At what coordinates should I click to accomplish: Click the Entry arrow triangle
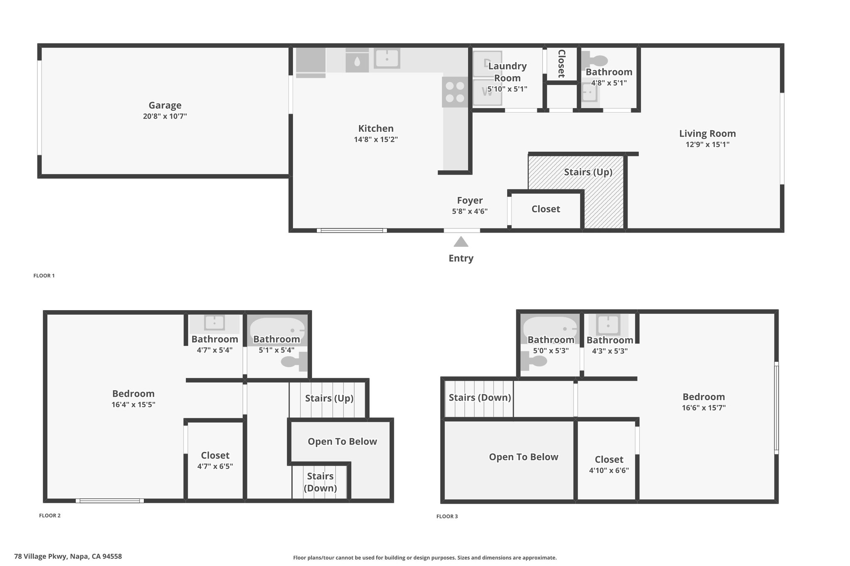coord(461,242)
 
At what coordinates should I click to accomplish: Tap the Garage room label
coord(165,105)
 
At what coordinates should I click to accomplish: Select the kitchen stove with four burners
coord(455,92)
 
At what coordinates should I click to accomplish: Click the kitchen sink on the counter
coord(387,58)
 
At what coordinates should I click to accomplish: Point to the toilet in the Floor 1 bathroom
coord(594,61)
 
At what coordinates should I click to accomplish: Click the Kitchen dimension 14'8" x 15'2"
coord(376,140)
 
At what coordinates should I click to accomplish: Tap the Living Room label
coord(707,134)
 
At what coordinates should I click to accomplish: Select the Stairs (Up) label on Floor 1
coord(588,172)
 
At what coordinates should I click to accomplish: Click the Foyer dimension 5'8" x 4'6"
coord(469,211)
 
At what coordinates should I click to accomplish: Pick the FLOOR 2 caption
coord(50,516)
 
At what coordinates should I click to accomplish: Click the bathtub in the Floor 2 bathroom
coord(277,329)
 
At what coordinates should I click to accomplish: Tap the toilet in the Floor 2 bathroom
coord(294,362)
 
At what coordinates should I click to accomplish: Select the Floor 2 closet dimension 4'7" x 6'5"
coord(215,466)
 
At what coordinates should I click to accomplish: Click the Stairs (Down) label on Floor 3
coord(480,398)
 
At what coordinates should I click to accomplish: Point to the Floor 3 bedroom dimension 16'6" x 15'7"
coord(703,408)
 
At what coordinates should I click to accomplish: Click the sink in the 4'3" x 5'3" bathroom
coord(608,325)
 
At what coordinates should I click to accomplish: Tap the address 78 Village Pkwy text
coord(40,556)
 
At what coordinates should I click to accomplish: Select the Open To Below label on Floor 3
coord(523,457)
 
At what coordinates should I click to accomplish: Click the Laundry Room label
coord(507,72)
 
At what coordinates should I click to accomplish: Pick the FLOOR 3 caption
coord(447,517)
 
